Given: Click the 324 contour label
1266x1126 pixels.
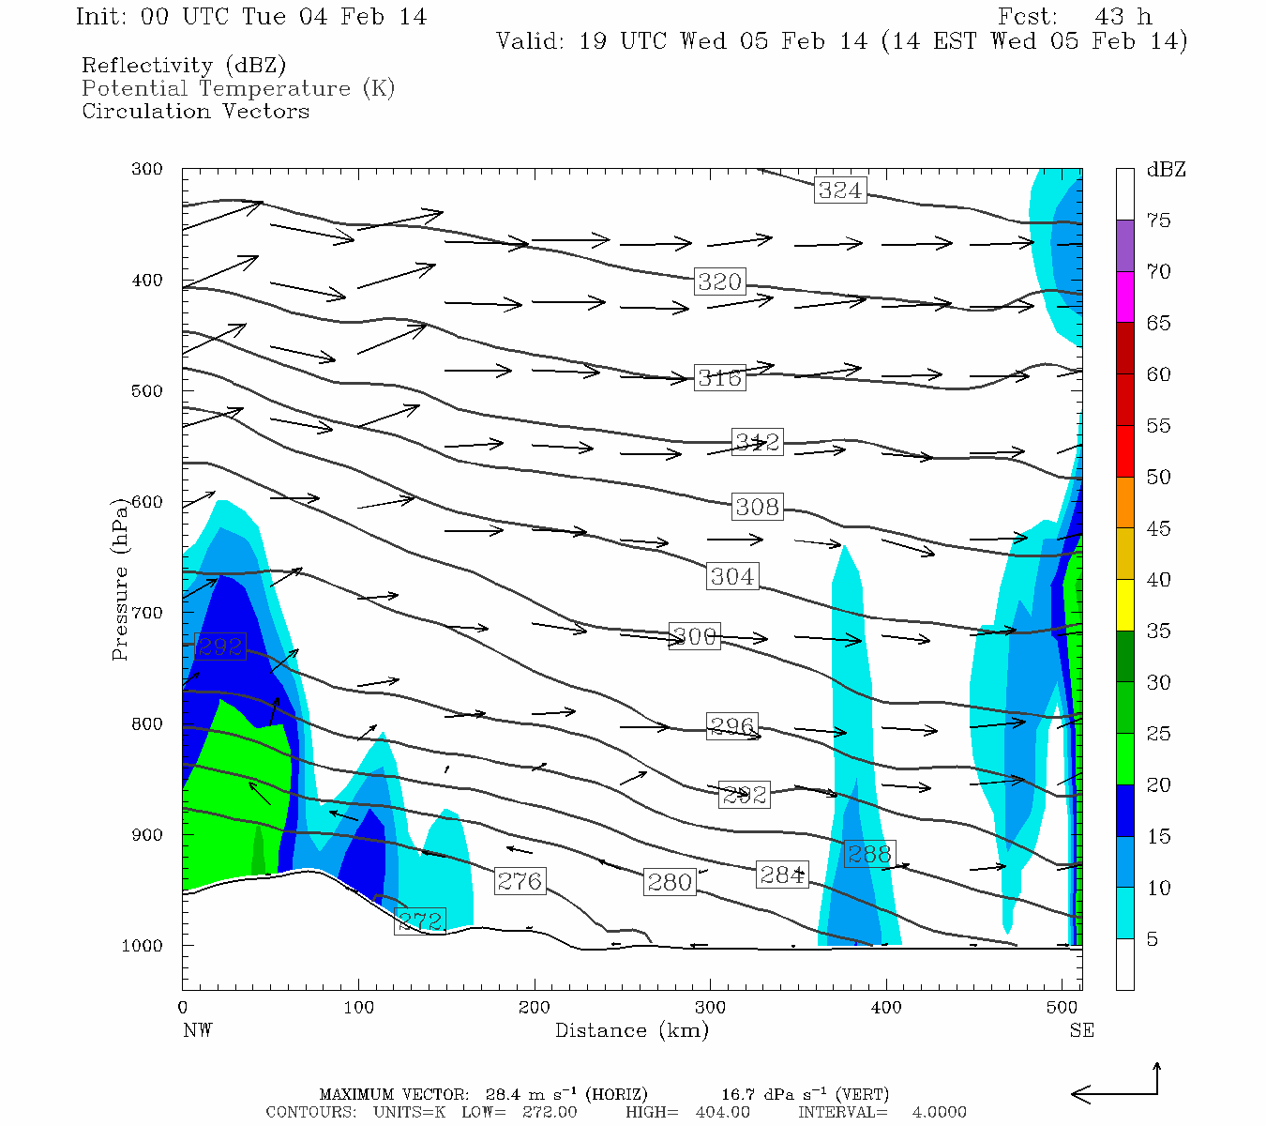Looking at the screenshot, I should [x=839, y=190].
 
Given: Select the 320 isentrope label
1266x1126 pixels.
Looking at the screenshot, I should [x=719, y=281].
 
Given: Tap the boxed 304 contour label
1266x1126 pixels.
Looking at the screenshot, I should [x=732, y=576].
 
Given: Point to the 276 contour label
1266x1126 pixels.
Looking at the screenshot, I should [x=520, y=881].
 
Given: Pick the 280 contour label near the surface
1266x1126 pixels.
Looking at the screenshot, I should [x=670, y=882].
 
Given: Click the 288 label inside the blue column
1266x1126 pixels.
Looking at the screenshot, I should [x=868, y=854].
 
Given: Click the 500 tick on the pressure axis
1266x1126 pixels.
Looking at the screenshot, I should [x=147, y=391].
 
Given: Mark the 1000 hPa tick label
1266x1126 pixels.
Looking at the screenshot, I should [x=143, y=946].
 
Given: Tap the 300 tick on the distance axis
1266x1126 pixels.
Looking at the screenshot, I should [x=710, y=1008].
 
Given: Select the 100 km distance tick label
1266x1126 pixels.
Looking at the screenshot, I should [x=359, y=1008].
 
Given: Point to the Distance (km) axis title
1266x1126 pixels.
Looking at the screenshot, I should [x=631, y=1030].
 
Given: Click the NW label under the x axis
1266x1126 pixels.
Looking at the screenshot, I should [x=198, y=1030].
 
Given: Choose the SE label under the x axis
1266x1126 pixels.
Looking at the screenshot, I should [x=1081, y=1030].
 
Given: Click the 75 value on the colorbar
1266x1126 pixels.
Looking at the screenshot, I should [x=1158, y=221].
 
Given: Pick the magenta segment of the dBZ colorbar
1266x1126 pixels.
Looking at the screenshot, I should [x=1125, y=297].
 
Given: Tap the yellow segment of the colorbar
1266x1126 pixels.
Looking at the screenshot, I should [x=1125, y=605].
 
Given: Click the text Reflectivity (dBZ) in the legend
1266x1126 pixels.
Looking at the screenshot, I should [x=184, y=66].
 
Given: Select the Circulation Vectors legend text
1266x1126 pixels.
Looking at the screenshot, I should [x=195, y=111].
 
